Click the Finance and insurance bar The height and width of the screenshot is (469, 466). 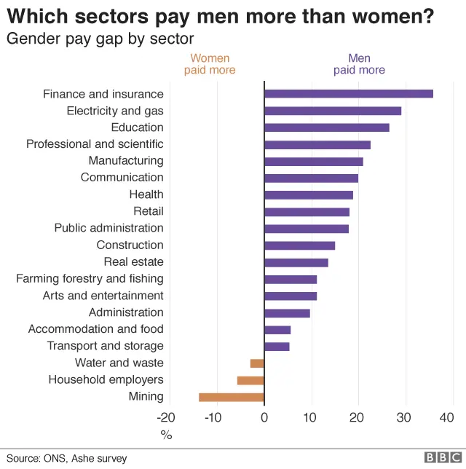coord(348,94)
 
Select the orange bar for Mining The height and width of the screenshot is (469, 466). coord(231,397)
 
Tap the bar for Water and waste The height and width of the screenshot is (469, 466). coord(257,363)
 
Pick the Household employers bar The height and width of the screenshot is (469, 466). coord(250,380)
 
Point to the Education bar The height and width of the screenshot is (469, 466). coord(326,127)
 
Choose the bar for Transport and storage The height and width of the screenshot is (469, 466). coord(277,347)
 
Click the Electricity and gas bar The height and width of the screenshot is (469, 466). coord(333,111)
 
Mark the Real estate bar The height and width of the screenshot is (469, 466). coord(296,262)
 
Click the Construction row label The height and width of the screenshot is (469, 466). coord(130,245)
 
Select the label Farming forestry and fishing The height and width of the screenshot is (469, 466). coord(90,279)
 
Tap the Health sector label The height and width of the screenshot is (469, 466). coord(146,194)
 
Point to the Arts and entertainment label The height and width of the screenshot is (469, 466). coord(103,296)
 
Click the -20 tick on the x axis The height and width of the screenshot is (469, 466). coord(166,417)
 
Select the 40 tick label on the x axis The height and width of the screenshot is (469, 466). coord(447,417)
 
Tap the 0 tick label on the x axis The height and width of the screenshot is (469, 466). coord(264,417)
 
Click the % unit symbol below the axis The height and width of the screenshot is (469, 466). coord(166,435)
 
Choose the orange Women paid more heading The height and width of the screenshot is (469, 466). coord(210,64)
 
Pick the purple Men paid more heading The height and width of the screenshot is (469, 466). coord(359,64)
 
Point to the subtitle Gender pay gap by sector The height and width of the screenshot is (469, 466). coord(100,39)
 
